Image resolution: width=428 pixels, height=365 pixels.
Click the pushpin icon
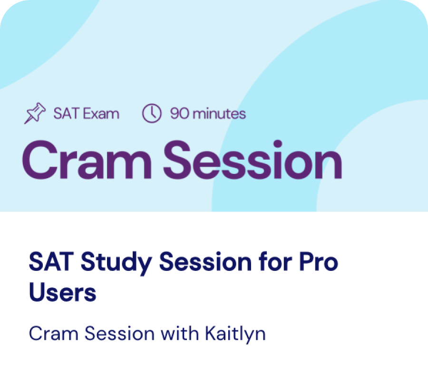pos(35,113)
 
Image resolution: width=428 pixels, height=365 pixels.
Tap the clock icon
pos(152,113)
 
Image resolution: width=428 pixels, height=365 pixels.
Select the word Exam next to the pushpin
pos(101,114)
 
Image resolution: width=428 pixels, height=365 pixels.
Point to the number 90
pos(179,114)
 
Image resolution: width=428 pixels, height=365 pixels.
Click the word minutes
pos(219,114)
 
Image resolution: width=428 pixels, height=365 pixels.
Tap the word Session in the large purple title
pos(253,160)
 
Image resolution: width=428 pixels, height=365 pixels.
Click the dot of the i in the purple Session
pos(278,144)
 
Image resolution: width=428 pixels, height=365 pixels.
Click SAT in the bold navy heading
pos(51,261)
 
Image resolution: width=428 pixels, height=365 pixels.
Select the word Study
pos(117,263)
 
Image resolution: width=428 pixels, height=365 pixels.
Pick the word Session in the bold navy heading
pos(205,261)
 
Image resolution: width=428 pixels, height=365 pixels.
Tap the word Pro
pos(319,261)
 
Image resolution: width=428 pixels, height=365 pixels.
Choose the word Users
pos(62,292)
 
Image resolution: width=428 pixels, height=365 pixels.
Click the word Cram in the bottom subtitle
pos(53,333)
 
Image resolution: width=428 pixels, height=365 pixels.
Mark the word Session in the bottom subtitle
pos(119,333)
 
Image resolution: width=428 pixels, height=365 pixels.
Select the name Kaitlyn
pos(235,335)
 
